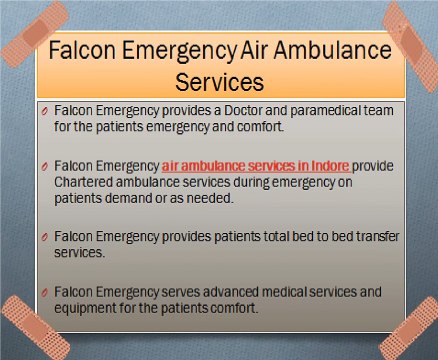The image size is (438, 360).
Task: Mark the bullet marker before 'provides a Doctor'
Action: [45, 108]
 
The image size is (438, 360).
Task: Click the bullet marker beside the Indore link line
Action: [45, 163]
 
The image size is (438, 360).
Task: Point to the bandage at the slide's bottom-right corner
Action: [410, 326]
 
